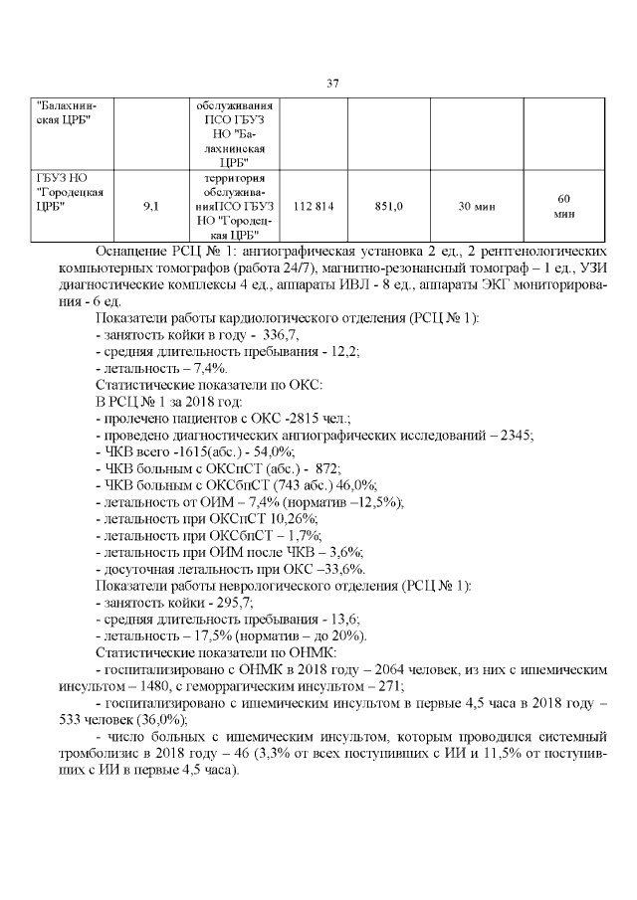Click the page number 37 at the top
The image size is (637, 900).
(x=333, y=83)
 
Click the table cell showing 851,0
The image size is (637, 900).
(x=387, y=206)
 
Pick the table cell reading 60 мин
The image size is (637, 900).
(x=563, y=206)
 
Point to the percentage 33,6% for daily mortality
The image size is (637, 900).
(x=340, y=569)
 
